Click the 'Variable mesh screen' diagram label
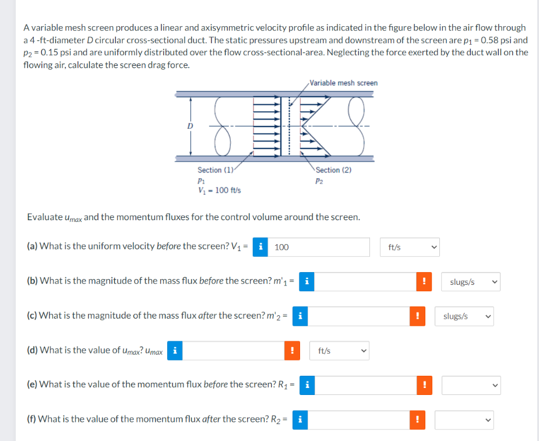pyautogui.click(x=343, y=83)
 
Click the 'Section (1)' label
pyautogui.click(x=215, y=170)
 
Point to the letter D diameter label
pyautogui.click(x=189, y=126)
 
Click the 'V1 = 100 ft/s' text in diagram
pyautogui.click(x=219, y=190)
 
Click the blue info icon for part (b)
pyautogui.click(x=306, y=282)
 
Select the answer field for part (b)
pyautogui.click(x=364, y=282)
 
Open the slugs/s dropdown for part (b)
pyautogui.click(x=470, y=282)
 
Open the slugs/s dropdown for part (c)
pyautogui.click(x=464, y=316)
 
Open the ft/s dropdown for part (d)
pyautogui.click(x=340, y=351)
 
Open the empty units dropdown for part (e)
pyautogui.click(x=470, y=385)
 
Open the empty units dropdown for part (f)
pyautogui.click(x=464, y=419)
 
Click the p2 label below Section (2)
pyautogui.click(x=319, y=181)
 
